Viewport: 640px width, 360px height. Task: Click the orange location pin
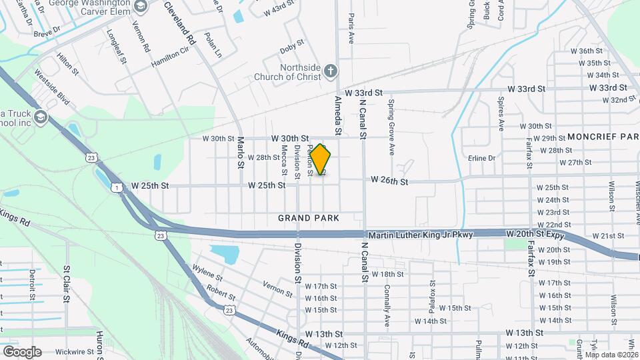[320, 160]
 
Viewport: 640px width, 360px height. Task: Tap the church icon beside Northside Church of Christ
[330, 70]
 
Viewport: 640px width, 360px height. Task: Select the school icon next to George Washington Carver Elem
[141, 6]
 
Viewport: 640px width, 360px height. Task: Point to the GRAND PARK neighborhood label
[309, 218]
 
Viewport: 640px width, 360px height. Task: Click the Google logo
[22, 351]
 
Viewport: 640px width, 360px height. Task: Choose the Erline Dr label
[481, 158]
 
